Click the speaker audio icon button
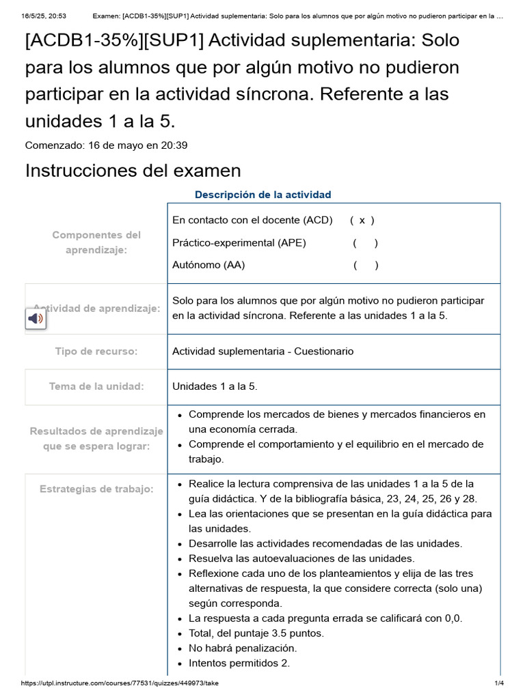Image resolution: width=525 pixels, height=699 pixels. click(x=36, y=319)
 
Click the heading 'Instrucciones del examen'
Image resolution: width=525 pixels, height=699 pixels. click(x=133, y=170)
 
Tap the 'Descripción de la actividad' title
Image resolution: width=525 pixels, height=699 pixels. click(x=262, y=195)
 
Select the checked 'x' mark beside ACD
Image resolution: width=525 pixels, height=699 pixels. click(x=362, y=220)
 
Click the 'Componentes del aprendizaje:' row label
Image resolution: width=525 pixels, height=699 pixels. click(x=96, y=243)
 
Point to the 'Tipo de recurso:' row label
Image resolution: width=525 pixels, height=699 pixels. click(x=96, y=352)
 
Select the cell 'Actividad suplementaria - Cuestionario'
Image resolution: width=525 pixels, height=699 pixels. click(x=263, y=352)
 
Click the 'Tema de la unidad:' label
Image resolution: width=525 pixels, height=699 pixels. click(x=96, y=386)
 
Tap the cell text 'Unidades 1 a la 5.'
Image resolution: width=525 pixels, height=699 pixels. click(x=215, y=386)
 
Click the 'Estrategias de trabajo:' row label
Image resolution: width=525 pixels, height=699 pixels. click(x=96, y=489)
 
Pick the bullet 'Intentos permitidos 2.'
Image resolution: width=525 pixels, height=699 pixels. click(x=239, y=663)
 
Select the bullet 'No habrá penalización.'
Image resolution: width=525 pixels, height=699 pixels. click(x=243, y=648)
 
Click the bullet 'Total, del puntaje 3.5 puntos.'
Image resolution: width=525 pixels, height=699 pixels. click(x=256, y=633)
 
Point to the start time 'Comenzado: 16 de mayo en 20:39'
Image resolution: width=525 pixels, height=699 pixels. click(x=107, y=145)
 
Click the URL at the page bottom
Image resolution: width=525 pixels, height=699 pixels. click(x=120, y=683)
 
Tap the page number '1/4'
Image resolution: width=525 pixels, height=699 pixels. click(x=499, y=683)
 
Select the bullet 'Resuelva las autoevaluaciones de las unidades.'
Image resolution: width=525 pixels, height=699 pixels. click(x=301, y=558)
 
